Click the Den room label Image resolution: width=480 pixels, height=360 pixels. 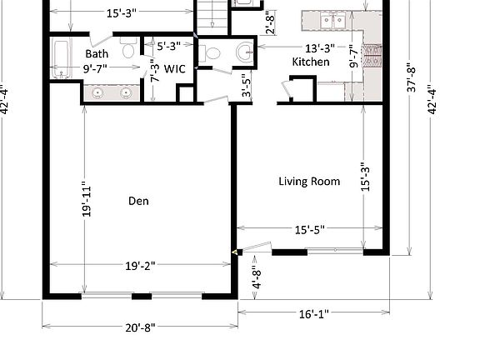[138, 201]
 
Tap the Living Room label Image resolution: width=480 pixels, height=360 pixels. [309, 181]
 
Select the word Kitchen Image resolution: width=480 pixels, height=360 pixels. [311, 62]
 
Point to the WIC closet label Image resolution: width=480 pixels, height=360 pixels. [175, 69]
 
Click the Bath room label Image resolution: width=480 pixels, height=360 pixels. [97, 54]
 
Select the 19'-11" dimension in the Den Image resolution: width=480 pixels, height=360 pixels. [87, 201]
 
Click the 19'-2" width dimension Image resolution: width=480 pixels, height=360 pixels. [140, 266]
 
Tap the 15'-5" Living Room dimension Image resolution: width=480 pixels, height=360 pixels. [309, 230]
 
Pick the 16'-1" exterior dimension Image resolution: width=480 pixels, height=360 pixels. [314, 314]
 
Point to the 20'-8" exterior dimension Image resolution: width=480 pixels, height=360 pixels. [140, 328]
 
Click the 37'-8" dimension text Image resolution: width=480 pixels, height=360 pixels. [412, 77]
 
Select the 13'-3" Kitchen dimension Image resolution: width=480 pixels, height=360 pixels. [320, 48]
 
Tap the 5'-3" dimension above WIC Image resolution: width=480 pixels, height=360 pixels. [168, 46]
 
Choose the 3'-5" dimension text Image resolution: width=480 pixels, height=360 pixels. [247, 85]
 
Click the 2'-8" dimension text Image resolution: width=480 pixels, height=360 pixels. [271, 22]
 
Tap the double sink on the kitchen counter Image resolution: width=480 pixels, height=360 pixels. [332, 21]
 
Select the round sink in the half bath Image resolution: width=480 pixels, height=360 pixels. [245, 52]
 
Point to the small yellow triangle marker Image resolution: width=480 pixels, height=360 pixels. [235, 252]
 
